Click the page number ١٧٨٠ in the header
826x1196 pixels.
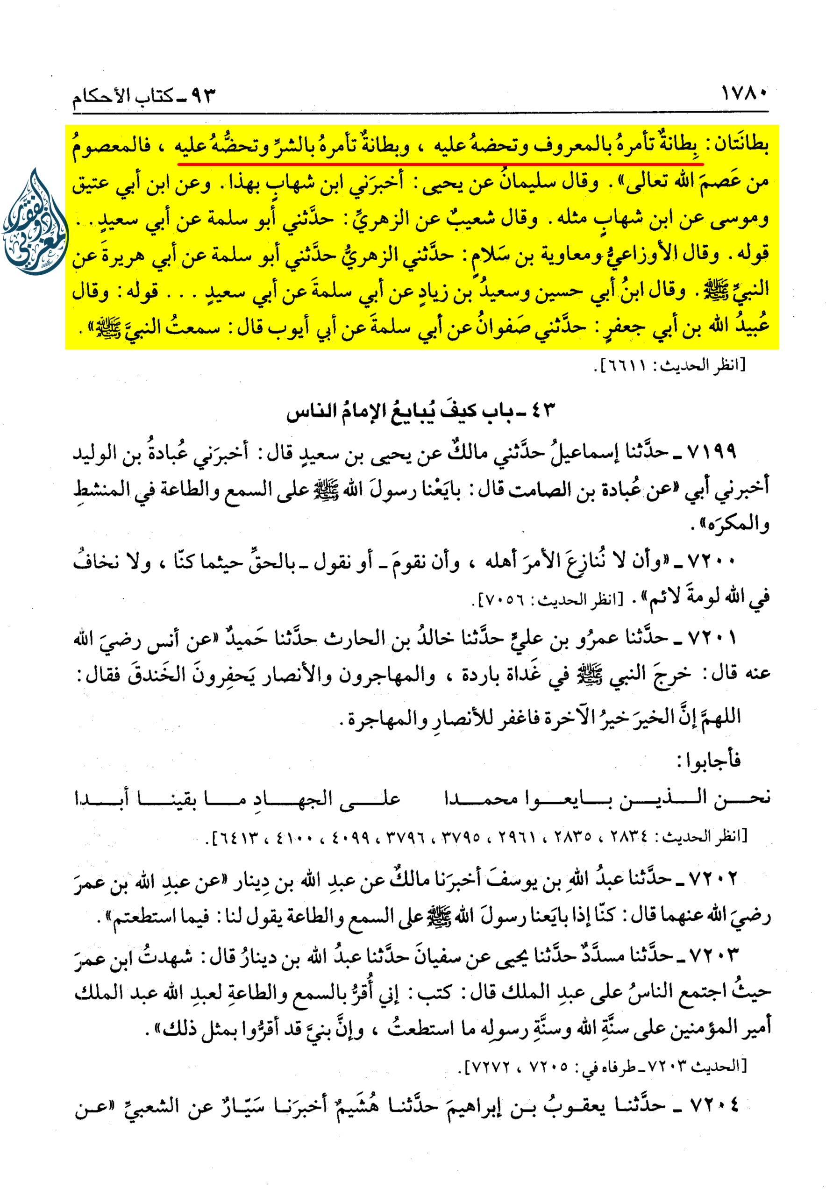pos(745,94)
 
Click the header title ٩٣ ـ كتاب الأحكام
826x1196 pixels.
pos(143,96)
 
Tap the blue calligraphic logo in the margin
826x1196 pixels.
pos(35,222)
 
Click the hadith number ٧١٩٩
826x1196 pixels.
pos(711,451)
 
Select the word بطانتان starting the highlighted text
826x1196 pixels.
pos(739,145)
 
